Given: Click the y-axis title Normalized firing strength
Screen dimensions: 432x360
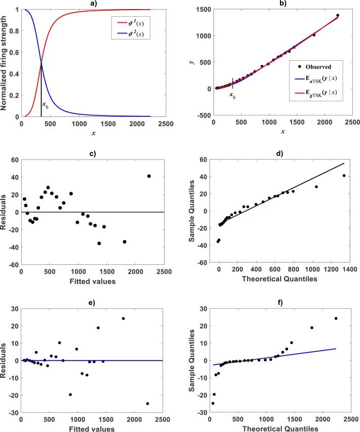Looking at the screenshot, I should tap(6, 63).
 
